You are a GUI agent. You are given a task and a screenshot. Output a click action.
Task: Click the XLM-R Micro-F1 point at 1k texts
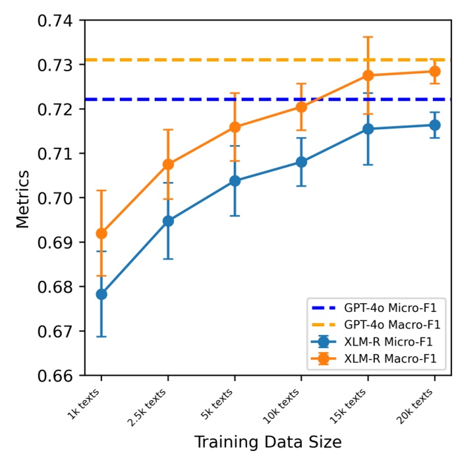click(102, 294)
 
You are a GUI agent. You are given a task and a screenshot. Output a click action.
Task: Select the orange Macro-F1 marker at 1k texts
click(102, 233)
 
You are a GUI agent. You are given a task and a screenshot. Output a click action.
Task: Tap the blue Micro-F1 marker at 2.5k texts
click(168, 221)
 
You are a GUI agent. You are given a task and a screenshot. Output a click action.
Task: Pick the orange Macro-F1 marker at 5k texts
click(235, 127)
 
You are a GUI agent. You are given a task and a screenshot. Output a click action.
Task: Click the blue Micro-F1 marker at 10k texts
click(301, 161)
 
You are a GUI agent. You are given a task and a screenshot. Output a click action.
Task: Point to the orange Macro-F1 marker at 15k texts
click(368, 75)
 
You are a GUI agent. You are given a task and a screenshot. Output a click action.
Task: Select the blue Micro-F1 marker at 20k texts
click(434, 125)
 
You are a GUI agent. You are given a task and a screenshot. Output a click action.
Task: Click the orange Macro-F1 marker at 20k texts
click(434, 71)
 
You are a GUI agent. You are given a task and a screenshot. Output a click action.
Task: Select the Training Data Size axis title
click(268, 442)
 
